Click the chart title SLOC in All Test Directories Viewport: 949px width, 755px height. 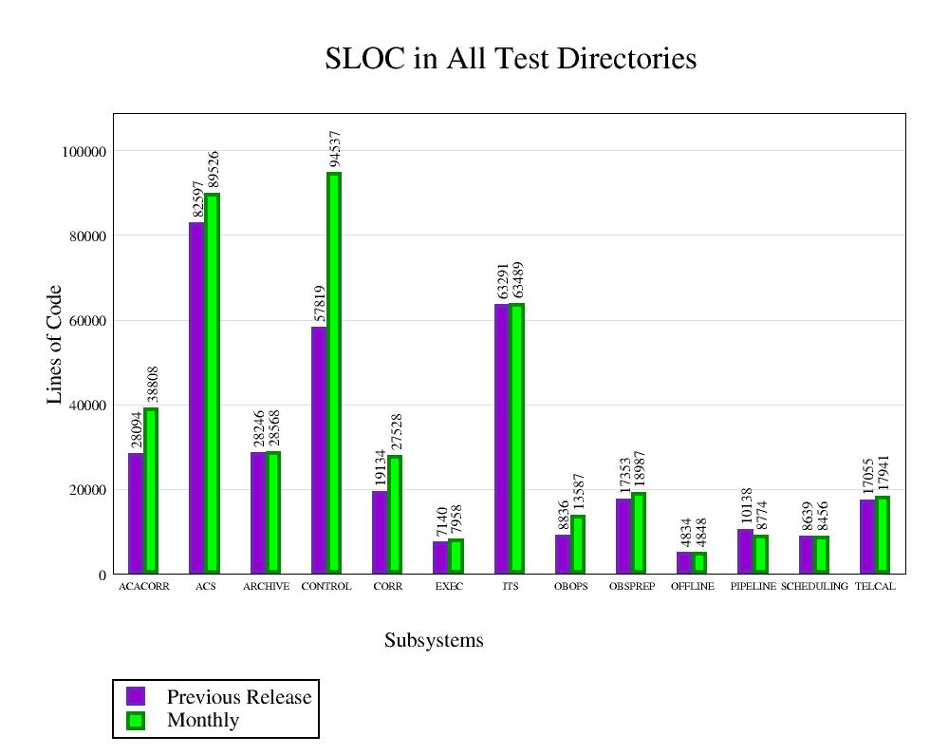(511, 59)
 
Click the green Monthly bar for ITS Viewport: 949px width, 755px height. (517, 438)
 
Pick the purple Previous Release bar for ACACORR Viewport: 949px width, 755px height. (136, 513)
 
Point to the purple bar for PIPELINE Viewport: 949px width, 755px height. (745, 551)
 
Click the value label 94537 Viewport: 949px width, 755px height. (335, 149)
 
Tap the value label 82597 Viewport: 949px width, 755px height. (198, 199)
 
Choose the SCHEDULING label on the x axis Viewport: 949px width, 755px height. (814, 587)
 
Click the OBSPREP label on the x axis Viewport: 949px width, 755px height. (632, 587)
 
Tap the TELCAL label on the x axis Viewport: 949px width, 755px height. (875, 587)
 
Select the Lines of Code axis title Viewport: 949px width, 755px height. (54, 345)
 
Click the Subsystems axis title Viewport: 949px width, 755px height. (434, 641)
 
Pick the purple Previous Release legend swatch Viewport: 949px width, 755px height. (136, 696)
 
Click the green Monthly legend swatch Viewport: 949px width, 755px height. (136, 720)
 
